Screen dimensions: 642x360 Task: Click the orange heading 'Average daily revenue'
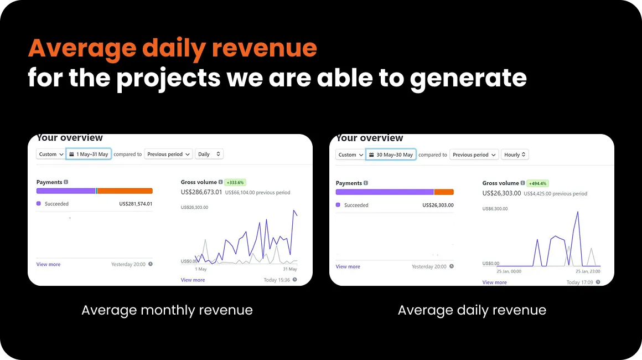172,48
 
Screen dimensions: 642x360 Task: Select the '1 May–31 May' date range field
89,154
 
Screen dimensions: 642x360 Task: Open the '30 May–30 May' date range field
391,155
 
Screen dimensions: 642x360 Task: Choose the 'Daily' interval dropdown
209,154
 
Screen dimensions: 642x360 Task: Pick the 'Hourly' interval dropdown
515,155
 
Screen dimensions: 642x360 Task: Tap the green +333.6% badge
235,182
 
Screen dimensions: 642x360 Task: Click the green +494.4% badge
537,183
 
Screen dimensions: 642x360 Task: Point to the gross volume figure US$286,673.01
201,192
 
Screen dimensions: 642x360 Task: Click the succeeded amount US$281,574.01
136,204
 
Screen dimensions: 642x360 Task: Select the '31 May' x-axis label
290,269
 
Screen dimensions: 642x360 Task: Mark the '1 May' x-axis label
201,269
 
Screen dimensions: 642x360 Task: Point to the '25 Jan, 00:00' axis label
509,271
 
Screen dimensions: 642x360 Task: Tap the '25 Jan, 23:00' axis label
588,271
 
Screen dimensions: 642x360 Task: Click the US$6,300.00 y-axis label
495,209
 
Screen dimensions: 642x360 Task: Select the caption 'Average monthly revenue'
167,310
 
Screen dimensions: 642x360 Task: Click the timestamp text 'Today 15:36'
277,280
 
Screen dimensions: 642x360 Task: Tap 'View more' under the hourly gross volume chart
495,282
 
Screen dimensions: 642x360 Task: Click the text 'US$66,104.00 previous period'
257,193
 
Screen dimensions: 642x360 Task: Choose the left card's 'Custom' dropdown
51,154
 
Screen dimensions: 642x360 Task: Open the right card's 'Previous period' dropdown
474,155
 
